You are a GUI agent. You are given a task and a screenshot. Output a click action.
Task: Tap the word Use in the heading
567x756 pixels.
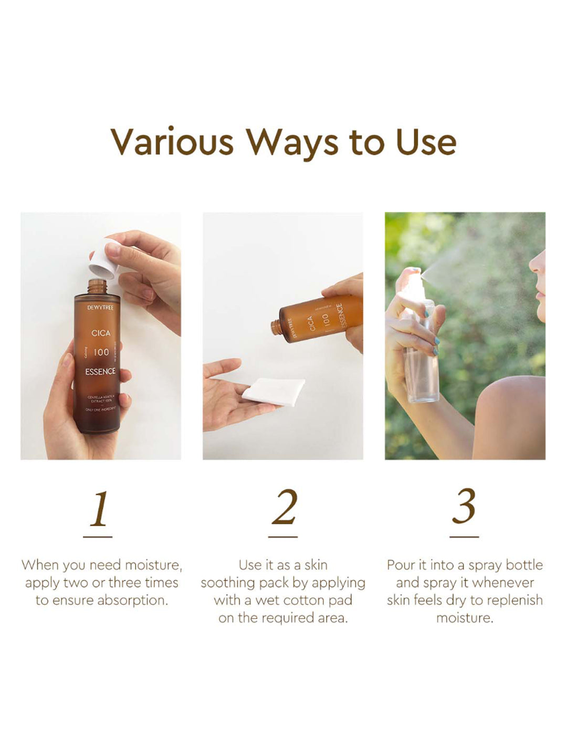pos(426,142)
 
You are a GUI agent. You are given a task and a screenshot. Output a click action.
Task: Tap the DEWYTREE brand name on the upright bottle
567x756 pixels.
pos(100,307)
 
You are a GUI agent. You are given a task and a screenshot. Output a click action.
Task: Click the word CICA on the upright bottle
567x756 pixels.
pos(101,333)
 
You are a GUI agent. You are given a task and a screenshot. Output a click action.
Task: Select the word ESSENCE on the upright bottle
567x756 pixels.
pos(100,371)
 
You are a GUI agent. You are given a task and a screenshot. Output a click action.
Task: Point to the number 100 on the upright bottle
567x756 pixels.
pos(101,352)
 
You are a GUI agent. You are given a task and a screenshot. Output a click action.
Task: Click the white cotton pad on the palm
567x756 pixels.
pos(274,391)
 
